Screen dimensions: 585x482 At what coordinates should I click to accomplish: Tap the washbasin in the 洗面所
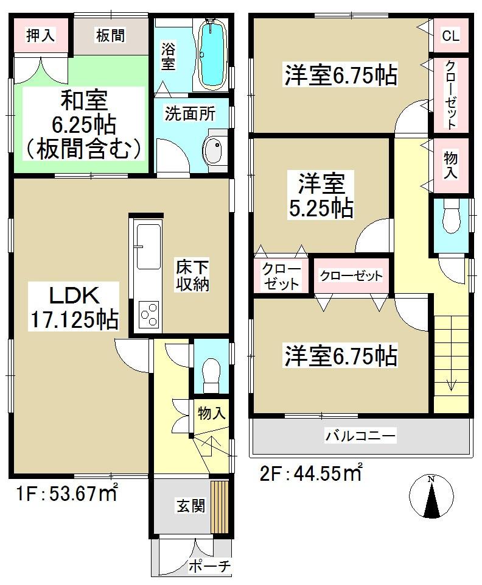tap(213, 149)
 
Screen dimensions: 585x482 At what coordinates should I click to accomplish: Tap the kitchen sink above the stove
tap(148, 247)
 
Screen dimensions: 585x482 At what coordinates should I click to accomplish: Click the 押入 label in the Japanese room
tap(41, 35)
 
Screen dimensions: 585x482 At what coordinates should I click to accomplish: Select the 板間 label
tap(110, 36)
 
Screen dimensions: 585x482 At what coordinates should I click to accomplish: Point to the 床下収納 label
tap(193, 275)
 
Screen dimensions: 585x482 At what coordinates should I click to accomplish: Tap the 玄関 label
tap(190, 505)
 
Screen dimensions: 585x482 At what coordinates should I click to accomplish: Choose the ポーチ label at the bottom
tap(209, 566)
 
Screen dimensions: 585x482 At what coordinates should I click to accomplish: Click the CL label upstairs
tap(450, 36)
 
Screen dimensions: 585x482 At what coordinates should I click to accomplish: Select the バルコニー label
tap(360, 436)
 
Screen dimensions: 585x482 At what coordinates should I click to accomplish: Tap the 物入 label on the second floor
tap(450, 165)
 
